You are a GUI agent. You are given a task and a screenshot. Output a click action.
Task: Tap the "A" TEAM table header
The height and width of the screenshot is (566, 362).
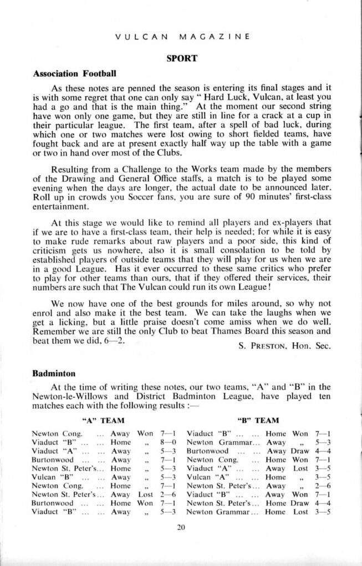103,421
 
